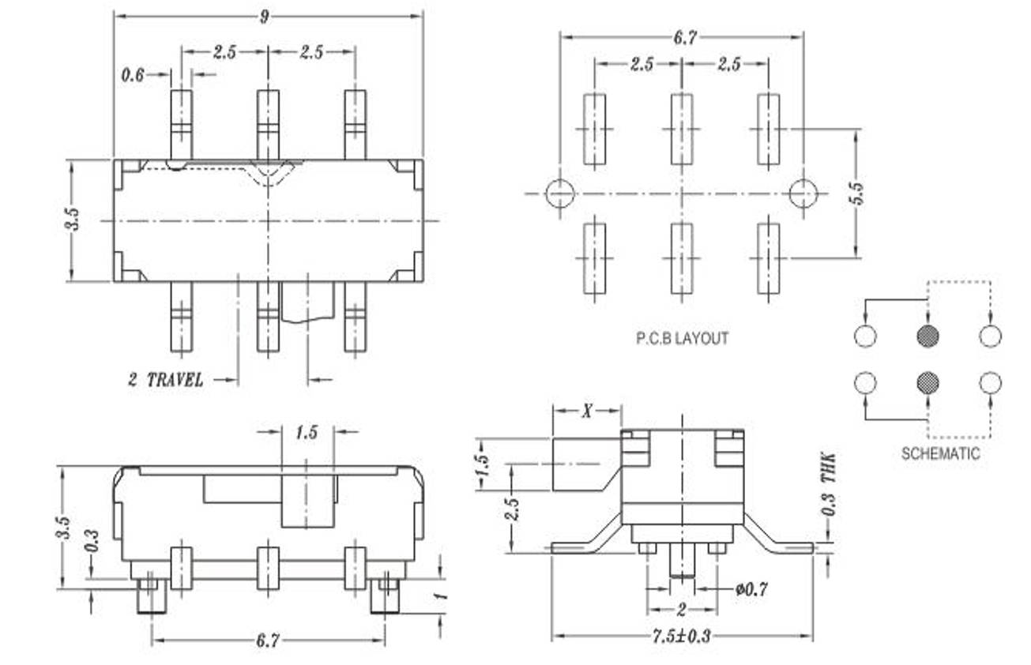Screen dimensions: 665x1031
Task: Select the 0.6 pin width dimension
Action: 133,75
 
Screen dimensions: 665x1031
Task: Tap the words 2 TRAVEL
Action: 166,380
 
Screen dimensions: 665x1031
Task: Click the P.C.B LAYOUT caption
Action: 683,338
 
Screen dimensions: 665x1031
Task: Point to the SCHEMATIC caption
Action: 940,454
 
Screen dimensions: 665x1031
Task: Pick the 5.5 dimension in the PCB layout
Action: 857,193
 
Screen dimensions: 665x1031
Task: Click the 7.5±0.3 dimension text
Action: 682,637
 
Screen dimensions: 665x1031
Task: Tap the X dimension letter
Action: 587,410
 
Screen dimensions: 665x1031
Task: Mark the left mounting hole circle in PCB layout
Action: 559,193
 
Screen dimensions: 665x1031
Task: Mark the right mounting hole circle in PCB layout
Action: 803,193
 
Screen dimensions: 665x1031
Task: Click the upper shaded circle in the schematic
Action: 928,336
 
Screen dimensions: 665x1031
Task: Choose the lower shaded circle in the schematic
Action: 928,384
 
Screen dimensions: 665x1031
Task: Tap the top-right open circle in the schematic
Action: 990,336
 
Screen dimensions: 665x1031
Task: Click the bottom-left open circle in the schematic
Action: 866,384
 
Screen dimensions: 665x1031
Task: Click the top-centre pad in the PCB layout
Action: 682,130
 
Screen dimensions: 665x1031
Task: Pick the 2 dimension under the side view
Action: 682,610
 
